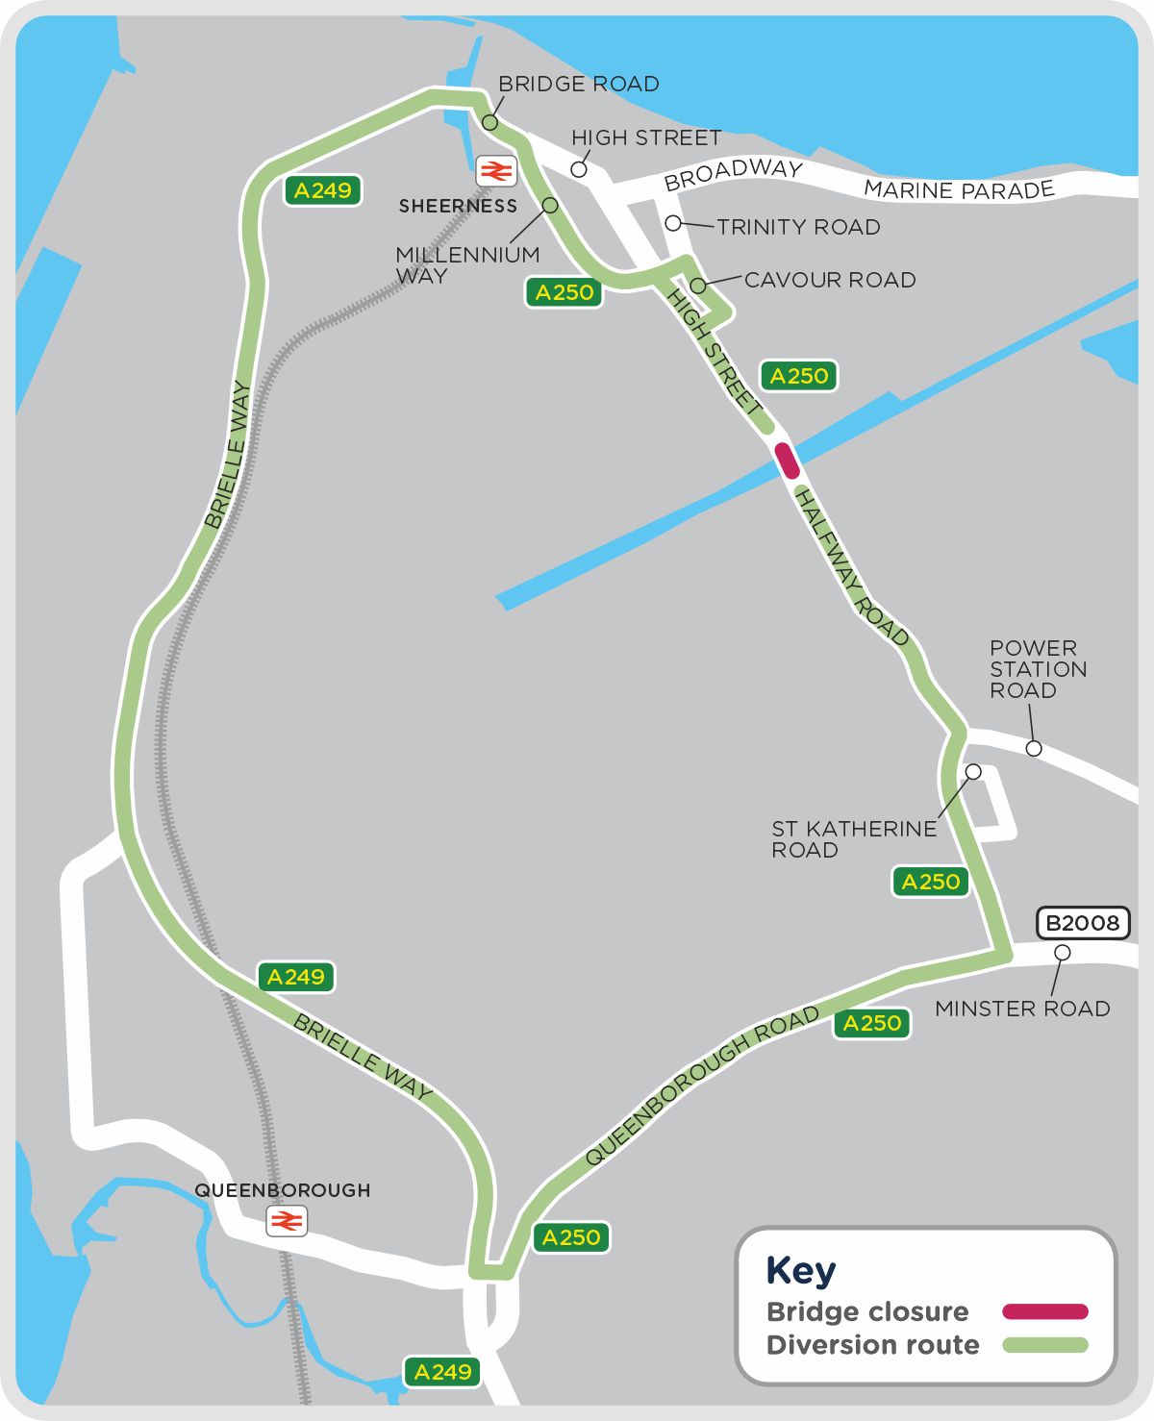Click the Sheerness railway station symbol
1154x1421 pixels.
[496, 171]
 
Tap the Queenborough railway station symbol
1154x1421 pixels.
[287, 1221]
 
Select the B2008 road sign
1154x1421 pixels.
[1083, 923]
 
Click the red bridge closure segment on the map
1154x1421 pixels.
[787, 461]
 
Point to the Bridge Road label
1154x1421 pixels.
[578, 85]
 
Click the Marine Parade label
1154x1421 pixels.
[959, 190]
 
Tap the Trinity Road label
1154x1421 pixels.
[798, 227]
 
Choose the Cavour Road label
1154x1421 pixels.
[829, 280]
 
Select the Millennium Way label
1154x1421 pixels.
[467, 265]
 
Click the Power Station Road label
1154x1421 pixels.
[1038, 669]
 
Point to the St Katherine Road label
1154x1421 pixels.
[854, 839]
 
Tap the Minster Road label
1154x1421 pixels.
[1022, 1009]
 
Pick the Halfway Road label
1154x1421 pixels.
[852, 568]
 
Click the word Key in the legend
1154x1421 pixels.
[801, 1271]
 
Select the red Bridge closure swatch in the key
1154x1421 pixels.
[1044, 1311]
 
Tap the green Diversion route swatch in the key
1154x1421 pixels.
[1044, 1345]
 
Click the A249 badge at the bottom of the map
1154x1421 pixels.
[442, 1372]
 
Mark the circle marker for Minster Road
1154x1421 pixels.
[1062, 953]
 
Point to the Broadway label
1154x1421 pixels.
[733, 175]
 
